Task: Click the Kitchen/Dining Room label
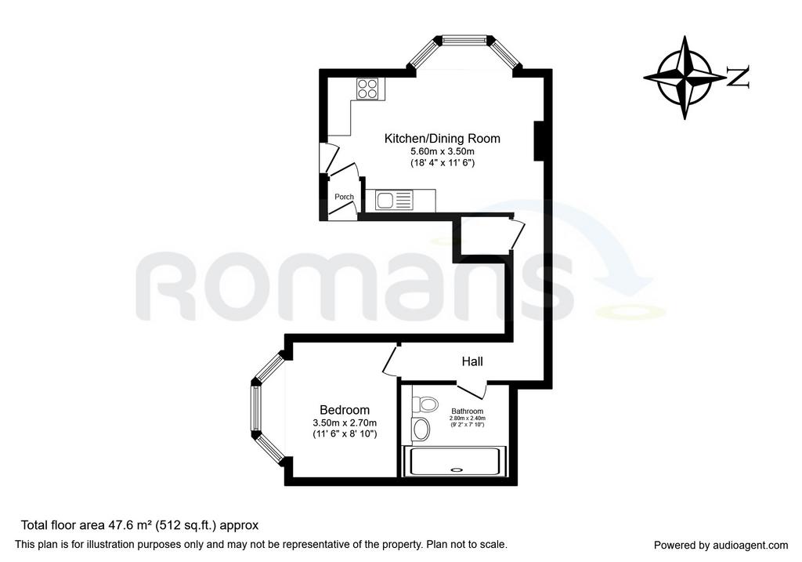point(442,138)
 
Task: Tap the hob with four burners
point(368,89)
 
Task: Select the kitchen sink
point(393,200)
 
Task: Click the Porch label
point(345,197)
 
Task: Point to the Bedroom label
point(345,410)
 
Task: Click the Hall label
point(472,361)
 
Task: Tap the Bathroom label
point(467,411)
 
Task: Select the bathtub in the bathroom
point(454,461)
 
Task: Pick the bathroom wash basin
point(421,429)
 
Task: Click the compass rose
point(685,78)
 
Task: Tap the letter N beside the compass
point(738,78)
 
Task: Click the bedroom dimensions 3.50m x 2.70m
point(345,422)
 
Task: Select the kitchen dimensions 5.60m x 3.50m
point(443,151)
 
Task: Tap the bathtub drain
point(455,469)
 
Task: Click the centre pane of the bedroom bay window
point(255,408)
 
